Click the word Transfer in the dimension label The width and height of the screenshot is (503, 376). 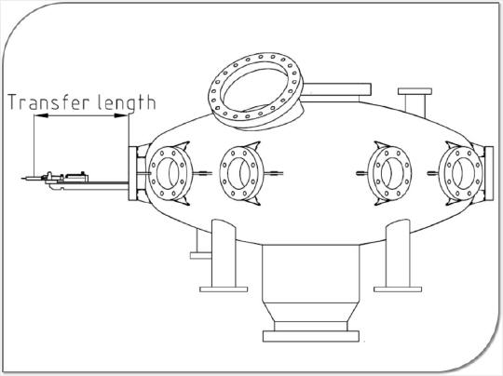(x=48, y=102)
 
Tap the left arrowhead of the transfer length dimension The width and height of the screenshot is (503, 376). (x=41, y=115)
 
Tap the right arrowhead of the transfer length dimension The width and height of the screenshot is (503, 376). (x=121, y=115)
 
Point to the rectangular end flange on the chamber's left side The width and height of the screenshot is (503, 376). (x=132, y=173)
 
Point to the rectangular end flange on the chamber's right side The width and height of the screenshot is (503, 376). (x=489, y=173)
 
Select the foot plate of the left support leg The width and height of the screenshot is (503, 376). (x=224, y=289)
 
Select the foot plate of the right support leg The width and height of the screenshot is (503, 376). (x=398, y=289)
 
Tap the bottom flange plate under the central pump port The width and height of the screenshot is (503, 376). (x=310, y=336)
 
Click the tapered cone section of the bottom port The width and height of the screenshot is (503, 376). (x=310, y=312)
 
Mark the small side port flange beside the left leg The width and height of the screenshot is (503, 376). (x=201, y=255)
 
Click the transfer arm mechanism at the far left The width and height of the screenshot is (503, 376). (x=55, y=181)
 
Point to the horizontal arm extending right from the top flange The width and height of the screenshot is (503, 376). (x=337, y=88)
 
